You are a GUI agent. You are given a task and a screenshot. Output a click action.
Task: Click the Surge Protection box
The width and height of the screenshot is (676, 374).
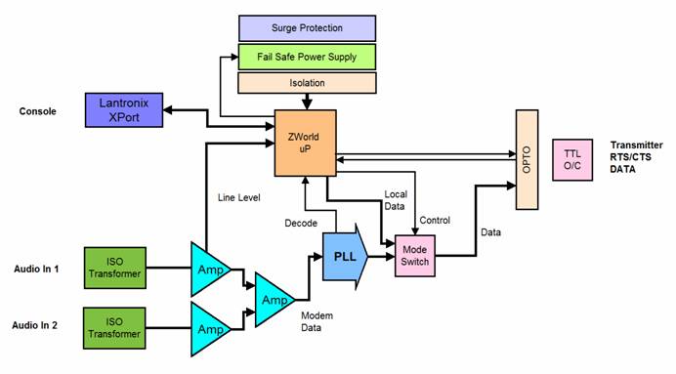click(x=306, y=27)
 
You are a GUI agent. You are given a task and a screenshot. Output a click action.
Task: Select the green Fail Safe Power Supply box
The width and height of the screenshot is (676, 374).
click(x=306, y=57)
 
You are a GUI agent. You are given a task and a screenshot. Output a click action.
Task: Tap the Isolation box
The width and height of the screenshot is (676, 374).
click(x=306, y=84)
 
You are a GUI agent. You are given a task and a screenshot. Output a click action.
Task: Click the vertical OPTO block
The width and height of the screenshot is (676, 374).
click(x=527, y=159)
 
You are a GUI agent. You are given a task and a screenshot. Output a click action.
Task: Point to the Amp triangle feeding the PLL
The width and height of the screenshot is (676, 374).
click(x=273, y=297)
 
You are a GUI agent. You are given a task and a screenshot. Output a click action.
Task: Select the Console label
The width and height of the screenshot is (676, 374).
click(x=38, y=111)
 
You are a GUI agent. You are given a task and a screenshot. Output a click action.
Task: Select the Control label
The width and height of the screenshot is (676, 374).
click(x=434, y=220)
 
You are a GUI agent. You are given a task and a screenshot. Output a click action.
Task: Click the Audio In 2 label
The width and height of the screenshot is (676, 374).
click(x=36, y=325)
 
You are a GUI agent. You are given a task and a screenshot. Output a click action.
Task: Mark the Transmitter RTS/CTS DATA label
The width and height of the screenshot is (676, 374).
click(x=635, y=156)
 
